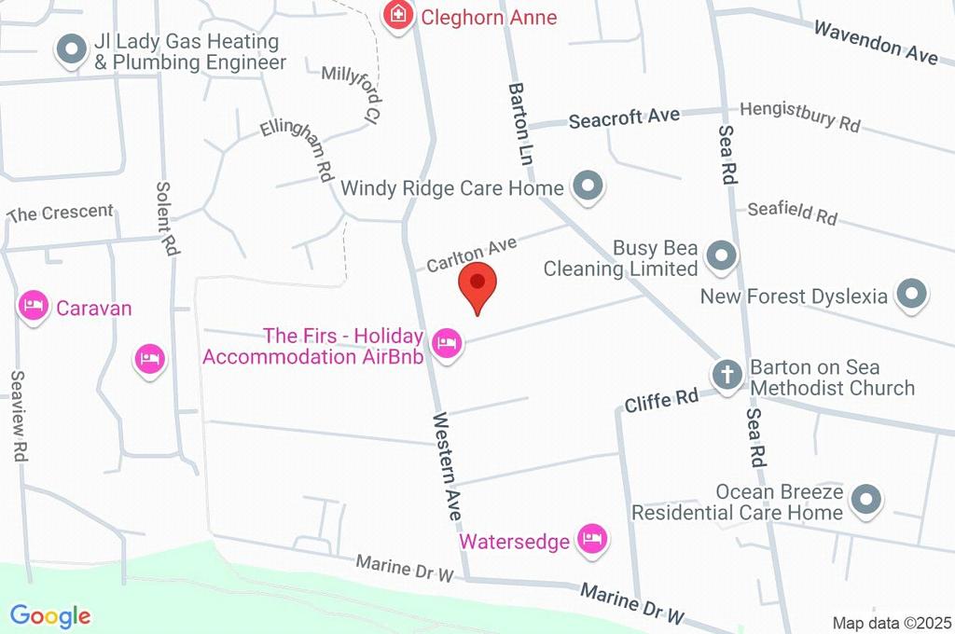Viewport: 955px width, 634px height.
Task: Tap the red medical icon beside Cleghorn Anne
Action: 398,15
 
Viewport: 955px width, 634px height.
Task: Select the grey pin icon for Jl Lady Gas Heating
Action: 71,51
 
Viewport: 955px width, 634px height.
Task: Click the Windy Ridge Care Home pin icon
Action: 588,187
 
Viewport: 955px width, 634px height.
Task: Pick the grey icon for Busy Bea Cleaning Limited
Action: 721,256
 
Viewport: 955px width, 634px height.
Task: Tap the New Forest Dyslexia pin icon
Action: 911,296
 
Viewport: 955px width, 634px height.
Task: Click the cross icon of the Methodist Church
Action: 727,376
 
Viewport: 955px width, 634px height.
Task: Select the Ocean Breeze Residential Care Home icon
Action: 867,500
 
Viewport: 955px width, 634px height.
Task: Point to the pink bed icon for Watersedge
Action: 592,538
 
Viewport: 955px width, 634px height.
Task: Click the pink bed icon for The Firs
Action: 448,344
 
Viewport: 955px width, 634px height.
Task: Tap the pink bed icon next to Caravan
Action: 35,306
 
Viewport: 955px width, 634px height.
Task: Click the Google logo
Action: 50,615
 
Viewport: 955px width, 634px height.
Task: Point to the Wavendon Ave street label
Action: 876,42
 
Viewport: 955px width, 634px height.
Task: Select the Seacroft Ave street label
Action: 624,117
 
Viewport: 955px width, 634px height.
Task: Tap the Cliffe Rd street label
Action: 662,399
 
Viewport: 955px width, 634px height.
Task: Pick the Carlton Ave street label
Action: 472,254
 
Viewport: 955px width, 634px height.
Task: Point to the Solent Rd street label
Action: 168,221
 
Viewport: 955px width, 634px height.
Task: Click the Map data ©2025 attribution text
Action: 891,623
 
